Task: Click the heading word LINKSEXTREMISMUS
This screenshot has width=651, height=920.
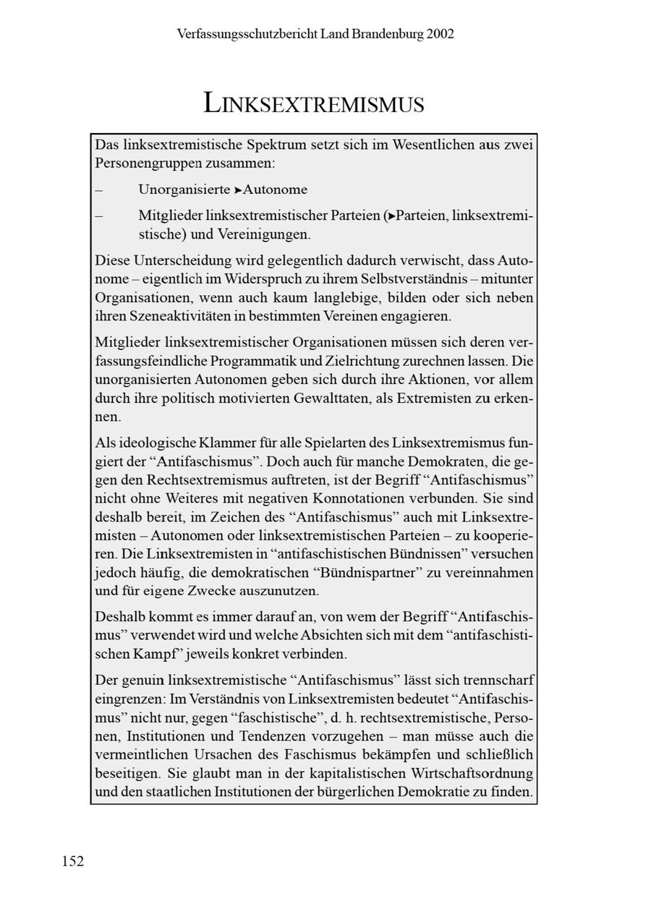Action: [x=314, y=103]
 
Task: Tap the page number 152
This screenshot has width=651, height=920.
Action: [x=73, y=861]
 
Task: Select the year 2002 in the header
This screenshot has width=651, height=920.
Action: [x=441, y=34]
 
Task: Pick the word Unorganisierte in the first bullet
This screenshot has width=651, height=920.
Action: [x=184, y=189]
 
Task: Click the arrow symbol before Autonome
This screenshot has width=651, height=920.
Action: [x=238, y=190]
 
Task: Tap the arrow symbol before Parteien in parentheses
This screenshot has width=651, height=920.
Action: [x=391, y=216]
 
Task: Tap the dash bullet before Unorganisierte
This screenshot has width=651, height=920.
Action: [x=98, y=190]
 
